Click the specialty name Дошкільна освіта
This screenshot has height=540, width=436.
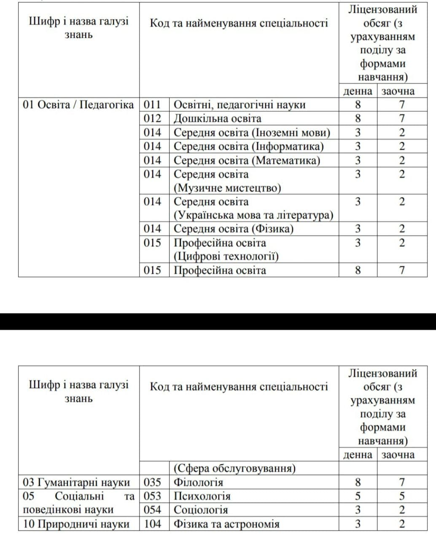pyautogui.click(x=218, y=119)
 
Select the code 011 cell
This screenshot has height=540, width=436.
pyautogui.click(x=153, y=105)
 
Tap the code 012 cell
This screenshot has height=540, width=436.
pyautogui.click(x=153, y=119)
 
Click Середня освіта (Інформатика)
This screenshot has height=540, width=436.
pyautogui.click(x=249, y=146)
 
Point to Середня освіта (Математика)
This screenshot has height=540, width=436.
pyautogui.click(x=247, y=160)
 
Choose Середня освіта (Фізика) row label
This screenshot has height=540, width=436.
pyautogui.click(x=234, y=229)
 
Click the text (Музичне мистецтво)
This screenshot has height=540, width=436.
pyautogui.click(x=227, y=188)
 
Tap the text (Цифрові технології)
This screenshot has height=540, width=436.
pyautogui.click(x=226, y=256)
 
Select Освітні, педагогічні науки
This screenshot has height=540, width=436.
pyautogui.click(x=240, y=105)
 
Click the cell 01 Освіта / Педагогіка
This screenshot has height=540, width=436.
pyautogui.click(x=78, y=105)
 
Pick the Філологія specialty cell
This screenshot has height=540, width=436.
pyautogui.click(x=199, y=482)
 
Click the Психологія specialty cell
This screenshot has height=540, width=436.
pyautogui.click(x=202, y=496)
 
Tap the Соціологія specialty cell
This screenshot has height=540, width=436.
pyautogui.click(x=201, y=510)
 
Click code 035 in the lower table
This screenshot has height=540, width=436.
pyautogui.click(x=153, y=482)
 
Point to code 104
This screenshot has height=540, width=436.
pyautogui.click(x=153, y=524)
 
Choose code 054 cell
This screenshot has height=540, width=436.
pyautogui.click(x=153, y=510)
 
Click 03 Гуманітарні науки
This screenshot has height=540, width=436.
pyautogui.click(x=76, y=482)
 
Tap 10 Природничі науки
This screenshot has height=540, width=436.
pyautogui.click(x=76, y=524)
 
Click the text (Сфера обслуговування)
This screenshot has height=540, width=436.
pyautogui.click(x=234, y=468)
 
